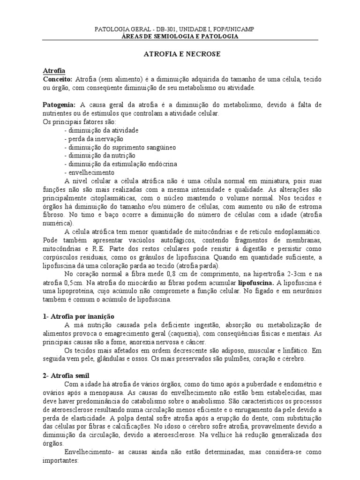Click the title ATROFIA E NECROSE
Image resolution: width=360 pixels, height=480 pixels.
click(181, 54)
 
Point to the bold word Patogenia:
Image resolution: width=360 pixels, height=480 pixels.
click(59, 105)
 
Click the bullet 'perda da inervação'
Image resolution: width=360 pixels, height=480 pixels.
click(93, 139)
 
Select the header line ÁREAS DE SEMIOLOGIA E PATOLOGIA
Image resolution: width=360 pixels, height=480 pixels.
click(180, 36)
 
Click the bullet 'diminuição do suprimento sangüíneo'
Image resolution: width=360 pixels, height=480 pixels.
click(120, 147)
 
